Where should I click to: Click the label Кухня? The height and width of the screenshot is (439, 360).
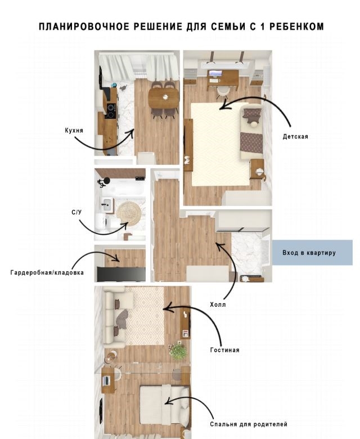click(74, 131)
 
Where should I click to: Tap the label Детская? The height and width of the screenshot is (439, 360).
click(295, 137)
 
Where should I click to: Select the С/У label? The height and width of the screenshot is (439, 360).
click(76, 212)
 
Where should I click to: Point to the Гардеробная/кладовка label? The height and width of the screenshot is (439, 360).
click(47, 272)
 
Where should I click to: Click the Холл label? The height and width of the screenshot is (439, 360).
click(218, 304)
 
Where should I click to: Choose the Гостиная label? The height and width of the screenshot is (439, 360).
click(224, 350)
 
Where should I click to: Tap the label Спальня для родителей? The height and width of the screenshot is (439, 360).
click(249, 424)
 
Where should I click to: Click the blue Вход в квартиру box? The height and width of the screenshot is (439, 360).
click(312, 252)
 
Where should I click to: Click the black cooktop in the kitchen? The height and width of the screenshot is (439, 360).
click(111, 111)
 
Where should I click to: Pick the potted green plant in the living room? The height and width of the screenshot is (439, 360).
click(178, 351)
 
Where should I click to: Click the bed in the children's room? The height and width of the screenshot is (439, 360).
click(251, 132)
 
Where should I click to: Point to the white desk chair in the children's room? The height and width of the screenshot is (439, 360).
click(223, 91)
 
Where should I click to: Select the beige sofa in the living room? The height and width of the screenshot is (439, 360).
click(115, 317)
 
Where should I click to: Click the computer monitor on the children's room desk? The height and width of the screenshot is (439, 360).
click(215, 73)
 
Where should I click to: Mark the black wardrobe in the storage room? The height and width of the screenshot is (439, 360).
click(121, 274)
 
